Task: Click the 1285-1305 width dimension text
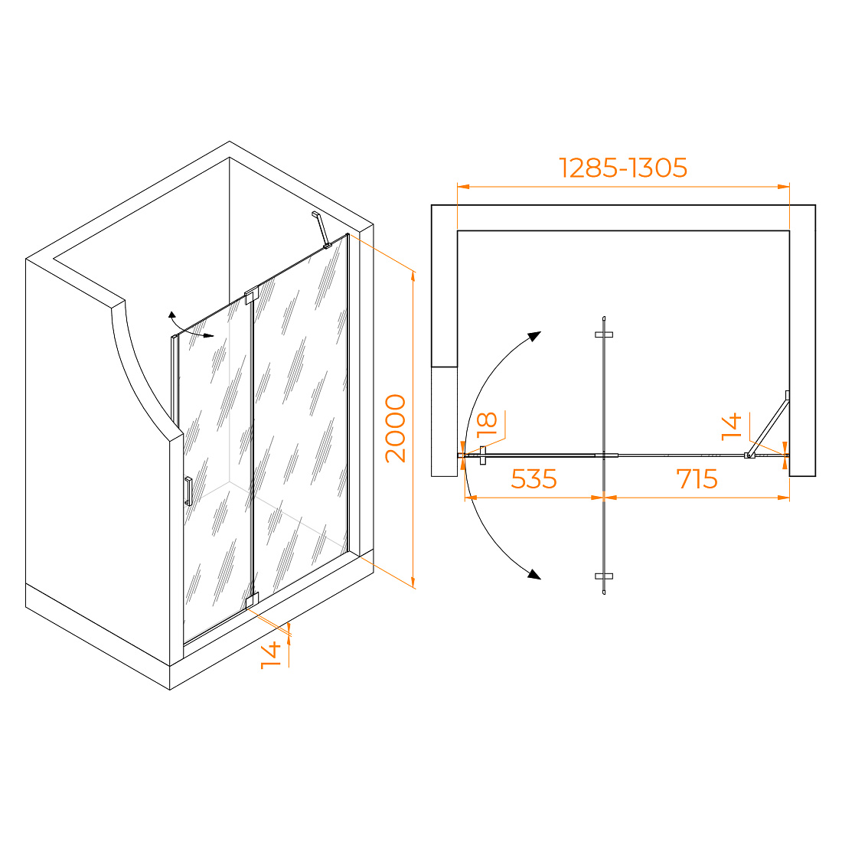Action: pos(623,168)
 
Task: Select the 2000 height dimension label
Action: pos(396,428)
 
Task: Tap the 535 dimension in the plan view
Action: pos(534,478)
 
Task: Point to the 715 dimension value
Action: pos(697,478)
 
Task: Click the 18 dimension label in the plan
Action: pos(487,423)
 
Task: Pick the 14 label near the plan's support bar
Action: pos(731,427)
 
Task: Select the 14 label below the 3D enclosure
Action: pos(271,654)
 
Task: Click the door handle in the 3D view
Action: pos(188,491)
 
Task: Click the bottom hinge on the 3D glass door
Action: pos(252,600)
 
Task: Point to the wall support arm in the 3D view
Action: pos(321,230)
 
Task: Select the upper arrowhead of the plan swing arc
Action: pos(534,336)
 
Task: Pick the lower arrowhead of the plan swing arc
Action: pos(534,574)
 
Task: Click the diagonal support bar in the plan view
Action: pos(769,425)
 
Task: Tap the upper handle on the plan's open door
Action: pos(604,335)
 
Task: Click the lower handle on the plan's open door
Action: pos(604,576)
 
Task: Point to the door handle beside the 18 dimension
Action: pos(483,455)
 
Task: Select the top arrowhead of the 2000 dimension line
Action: pos(413,276)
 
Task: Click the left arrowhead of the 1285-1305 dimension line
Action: pos(463,187)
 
